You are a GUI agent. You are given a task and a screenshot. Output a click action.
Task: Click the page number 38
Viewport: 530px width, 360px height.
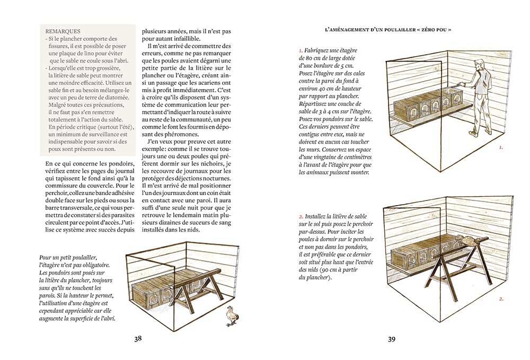tap(138, 339)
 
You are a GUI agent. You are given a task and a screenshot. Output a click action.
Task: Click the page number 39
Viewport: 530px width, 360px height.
tap(391, 339)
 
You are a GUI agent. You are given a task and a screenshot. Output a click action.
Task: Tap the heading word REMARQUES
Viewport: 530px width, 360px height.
tap(63, 31)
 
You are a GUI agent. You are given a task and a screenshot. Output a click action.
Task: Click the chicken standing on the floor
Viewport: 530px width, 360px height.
tap(232, 315)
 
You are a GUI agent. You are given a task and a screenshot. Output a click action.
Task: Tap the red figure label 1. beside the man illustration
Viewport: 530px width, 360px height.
tap(501, 148)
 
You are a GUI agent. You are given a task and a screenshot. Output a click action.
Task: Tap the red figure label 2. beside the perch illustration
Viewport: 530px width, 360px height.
tap(501, 299)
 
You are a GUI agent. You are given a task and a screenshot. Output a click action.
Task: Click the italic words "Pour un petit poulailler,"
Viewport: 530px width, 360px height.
tap(68, 257)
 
